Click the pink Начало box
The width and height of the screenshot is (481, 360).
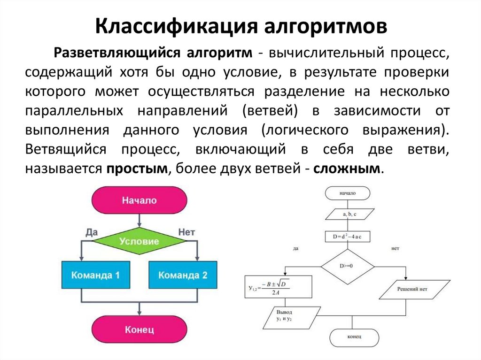pyautogui.click(x=139, y=200)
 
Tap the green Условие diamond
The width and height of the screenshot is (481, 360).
pyautogui.click(x=139, y=242)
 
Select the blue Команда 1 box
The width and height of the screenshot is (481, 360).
pyautogui.click(x=96, y=275)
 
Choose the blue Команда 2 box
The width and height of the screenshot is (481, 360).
pyautogui.click(x=182, y=275)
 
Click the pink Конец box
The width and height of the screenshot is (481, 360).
pyautogui.click(x=139, y=329)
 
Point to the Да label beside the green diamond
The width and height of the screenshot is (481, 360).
pyautogui.click(x=93, y=232)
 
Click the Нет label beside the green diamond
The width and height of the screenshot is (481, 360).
pyautogui.click(x=186, y=232)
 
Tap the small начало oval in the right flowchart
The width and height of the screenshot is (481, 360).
pyautogui.click(x=347, y=193)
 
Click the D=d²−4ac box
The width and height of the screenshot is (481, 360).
pyautogui.click(x=347, y=237)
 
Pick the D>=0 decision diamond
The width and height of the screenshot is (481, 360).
pyautogui.click(x=348, y=266)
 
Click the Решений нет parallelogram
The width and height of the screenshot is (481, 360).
pyautogui.click(x=414, y=289)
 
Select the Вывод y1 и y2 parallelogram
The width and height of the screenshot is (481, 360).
pyautogui.click(x=285, y=316)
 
